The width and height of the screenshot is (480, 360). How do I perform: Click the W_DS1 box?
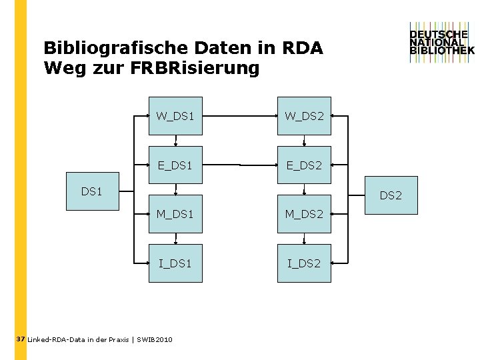(x=175, y=116)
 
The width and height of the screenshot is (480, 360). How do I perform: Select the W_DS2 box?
(x=304, y=116)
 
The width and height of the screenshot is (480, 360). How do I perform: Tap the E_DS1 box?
(x=175, y=165)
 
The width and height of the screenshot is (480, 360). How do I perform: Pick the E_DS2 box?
(x=304, y=165)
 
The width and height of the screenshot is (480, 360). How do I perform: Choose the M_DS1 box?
(x=175, y=213)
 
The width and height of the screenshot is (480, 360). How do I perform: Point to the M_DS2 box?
(x=304, y=213)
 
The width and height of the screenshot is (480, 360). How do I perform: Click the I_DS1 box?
(x=175, y=263)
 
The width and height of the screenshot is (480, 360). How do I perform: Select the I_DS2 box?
(x=304, y=263)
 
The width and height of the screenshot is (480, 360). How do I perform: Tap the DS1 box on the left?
(x=92, y=191)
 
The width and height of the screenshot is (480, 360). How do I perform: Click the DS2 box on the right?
(x=391, y=195)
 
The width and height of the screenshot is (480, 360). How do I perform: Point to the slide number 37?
(x=20, y=339)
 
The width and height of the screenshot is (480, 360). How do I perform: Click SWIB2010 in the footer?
(x=155, y=340)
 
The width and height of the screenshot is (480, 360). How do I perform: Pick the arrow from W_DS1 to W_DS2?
(x=240, y=116)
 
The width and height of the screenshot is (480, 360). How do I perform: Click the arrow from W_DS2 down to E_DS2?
(x=304, y=140)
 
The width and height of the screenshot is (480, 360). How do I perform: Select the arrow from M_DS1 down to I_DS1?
(x=175, y=238)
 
